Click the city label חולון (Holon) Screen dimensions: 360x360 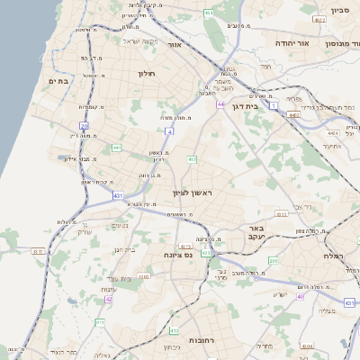pos(148,73)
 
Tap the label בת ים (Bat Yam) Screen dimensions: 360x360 pos(58,80)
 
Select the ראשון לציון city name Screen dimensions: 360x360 pos(191,193)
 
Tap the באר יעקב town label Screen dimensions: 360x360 pos(256,233)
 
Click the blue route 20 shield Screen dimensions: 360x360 pos(84,126)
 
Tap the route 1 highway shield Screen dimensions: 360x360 pos(273,105)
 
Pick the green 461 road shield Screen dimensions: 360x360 pos(209,13)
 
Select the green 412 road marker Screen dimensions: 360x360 pos(192,159)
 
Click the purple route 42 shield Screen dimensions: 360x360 pos(109,299)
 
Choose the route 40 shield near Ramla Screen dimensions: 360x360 pos(300,295)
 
